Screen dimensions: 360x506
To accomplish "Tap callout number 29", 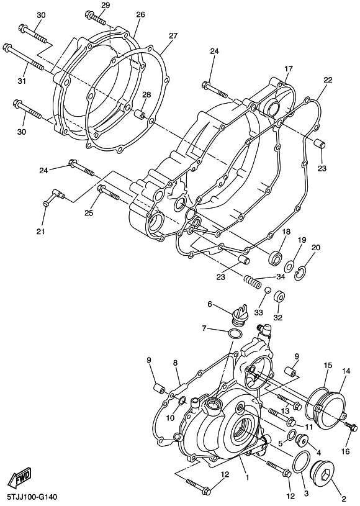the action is tap(106, 5).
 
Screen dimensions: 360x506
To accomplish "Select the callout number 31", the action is tap(22, 81).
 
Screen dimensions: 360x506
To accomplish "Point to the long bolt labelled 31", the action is tap(23, 57).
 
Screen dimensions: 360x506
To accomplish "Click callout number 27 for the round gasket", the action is tap(173, 36).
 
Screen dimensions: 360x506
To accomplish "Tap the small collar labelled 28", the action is tap(141, 115).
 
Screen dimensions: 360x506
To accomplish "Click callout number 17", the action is tap(289, 68).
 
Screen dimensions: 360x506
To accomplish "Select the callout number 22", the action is tap(328, 80).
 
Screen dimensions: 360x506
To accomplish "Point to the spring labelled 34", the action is tap(253, 281).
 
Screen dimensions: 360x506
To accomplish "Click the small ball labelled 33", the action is tap(267, 290).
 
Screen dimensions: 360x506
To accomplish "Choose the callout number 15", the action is tap(328, 366).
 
